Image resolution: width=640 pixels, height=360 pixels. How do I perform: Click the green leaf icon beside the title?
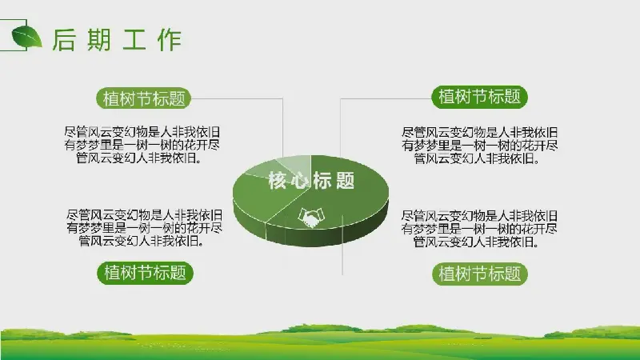[x=27, y=37]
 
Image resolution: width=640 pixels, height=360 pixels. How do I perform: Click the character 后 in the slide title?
[x=65, y=39]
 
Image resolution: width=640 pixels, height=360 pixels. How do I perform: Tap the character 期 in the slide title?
[x=99, y=39]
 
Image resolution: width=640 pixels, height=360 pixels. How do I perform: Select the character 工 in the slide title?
[x=134, y=39]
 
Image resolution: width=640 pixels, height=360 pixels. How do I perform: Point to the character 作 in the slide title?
[x=170, y=39]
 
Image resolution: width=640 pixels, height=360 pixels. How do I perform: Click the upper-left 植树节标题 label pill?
[x=144, y=98]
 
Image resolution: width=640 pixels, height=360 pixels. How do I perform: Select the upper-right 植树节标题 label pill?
[x=479, y=97]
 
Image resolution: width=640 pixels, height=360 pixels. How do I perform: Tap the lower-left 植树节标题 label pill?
[x=145, y=273]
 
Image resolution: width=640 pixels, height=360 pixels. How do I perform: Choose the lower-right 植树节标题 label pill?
[x=480, y=274]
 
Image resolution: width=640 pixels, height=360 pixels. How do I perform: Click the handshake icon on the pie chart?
[x=311, y=218]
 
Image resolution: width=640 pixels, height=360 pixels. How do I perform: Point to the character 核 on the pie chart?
[x=277, y=181]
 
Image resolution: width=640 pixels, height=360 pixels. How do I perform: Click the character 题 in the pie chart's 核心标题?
[x=346, y=181]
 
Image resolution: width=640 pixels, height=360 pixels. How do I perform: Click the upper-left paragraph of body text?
[x=142, y=145]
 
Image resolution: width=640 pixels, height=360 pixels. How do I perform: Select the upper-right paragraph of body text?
[x=479, y=146]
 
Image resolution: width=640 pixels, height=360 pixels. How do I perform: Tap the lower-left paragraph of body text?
[x=145, y=228]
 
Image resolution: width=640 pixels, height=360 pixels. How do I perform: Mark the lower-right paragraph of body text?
[x=479, y=229]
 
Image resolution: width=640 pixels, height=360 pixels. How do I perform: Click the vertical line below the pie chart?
[x=342, y=245]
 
